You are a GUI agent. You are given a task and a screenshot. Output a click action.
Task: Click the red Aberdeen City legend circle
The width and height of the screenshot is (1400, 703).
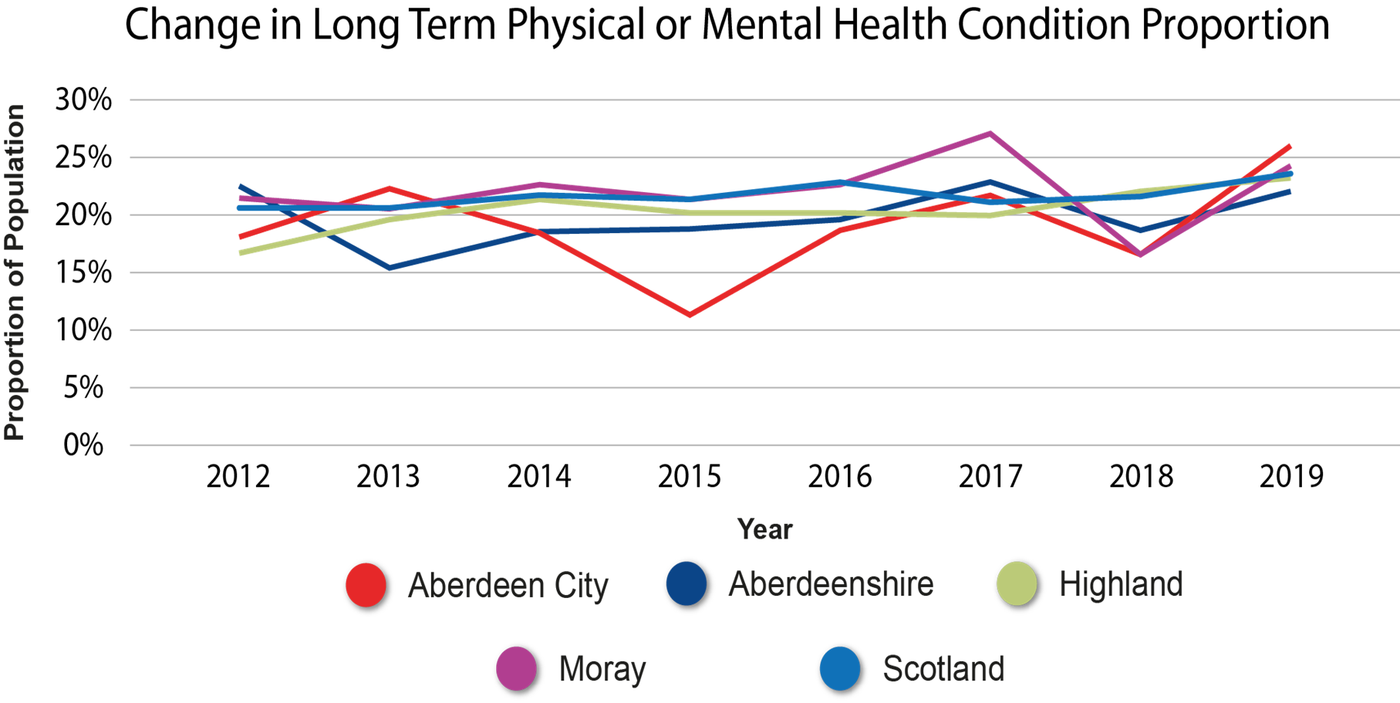point(366,585)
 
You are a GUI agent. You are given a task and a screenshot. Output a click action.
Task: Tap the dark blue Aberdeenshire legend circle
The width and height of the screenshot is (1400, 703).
point(687,583)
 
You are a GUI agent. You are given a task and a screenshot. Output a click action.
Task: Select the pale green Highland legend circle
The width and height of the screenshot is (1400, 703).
point(1017,583)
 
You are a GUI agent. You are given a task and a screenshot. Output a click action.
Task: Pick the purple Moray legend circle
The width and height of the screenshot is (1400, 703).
point(516,668)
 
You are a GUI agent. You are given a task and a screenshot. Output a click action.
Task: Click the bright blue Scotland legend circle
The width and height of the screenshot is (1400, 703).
point(840,668)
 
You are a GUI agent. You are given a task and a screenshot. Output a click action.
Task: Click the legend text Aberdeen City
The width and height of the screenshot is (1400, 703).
point(508,586)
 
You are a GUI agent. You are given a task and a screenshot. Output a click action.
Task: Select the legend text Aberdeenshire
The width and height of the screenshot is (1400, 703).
point(831,584)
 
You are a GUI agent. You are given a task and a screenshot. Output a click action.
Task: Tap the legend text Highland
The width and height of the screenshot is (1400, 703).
point(1121,584)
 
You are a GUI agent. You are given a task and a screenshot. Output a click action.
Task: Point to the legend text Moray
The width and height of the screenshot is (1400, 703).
point(602,669)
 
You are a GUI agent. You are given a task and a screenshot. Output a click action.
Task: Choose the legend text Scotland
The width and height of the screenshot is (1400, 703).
point(943,669)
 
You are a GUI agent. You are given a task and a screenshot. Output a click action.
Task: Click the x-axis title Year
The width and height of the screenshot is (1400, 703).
point(764,529)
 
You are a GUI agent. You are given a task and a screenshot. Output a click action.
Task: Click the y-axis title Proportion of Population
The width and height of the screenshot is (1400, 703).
point(15,272)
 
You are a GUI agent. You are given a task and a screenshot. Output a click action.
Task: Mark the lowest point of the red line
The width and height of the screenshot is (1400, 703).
point(690,315)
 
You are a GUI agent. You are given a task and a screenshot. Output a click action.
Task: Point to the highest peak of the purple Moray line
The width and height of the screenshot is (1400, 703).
point(990,133)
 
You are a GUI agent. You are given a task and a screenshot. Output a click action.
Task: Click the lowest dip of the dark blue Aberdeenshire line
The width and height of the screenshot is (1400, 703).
point(390,269)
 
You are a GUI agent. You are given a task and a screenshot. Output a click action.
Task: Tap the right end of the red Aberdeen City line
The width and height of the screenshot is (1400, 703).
point(1290,145)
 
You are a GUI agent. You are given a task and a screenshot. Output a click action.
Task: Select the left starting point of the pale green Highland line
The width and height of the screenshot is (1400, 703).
point(241,253)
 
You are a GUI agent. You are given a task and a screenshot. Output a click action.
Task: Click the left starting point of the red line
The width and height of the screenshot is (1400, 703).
point(241,237)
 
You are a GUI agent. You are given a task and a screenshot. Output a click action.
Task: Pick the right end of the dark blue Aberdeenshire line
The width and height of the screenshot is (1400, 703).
point(1290,191)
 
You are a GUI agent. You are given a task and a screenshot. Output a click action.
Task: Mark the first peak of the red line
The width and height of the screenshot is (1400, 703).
point(390,188)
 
